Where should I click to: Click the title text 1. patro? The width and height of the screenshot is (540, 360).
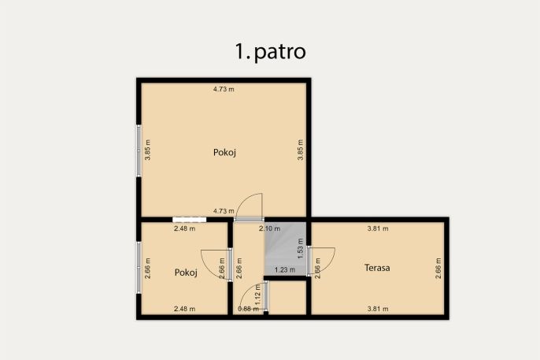click(x=270, y=52)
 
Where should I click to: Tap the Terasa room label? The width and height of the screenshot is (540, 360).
click(x=377, y=268)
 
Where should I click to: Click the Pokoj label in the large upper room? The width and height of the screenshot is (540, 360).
click(x=224, y=152)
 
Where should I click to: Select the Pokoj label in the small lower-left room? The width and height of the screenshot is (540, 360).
click(x=186, y=273)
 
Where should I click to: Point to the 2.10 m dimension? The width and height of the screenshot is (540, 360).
click(x=270, y=228)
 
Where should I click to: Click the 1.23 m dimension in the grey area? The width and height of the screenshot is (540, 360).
click(x=285, y=269)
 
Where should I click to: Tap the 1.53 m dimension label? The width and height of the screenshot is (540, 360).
click(x=301, y=249)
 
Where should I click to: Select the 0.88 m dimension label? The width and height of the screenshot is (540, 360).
click(x=248, y=309)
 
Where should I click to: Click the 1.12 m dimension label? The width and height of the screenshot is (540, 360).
click(x=257, y=295)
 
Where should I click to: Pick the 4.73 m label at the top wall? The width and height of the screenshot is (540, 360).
click(x=224, y=89)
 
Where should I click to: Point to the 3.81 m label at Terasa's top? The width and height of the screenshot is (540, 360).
click(x=378, y=228)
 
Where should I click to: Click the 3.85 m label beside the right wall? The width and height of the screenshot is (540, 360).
click(x=301, y=150)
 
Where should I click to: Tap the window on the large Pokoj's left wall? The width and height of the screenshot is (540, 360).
click(x=139, y=150)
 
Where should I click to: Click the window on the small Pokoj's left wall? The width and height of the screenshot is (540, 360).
click(x=139, y=268)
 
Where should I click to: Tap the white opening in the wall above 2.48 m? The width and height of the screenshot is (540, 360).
click(x=190, y=220)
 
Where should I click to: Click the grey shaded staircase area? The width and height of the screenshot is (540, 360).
click(x=285, y=249)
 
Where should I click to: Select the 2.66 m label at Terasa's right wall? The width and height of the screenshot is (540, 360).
click(x=438, y=268)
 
